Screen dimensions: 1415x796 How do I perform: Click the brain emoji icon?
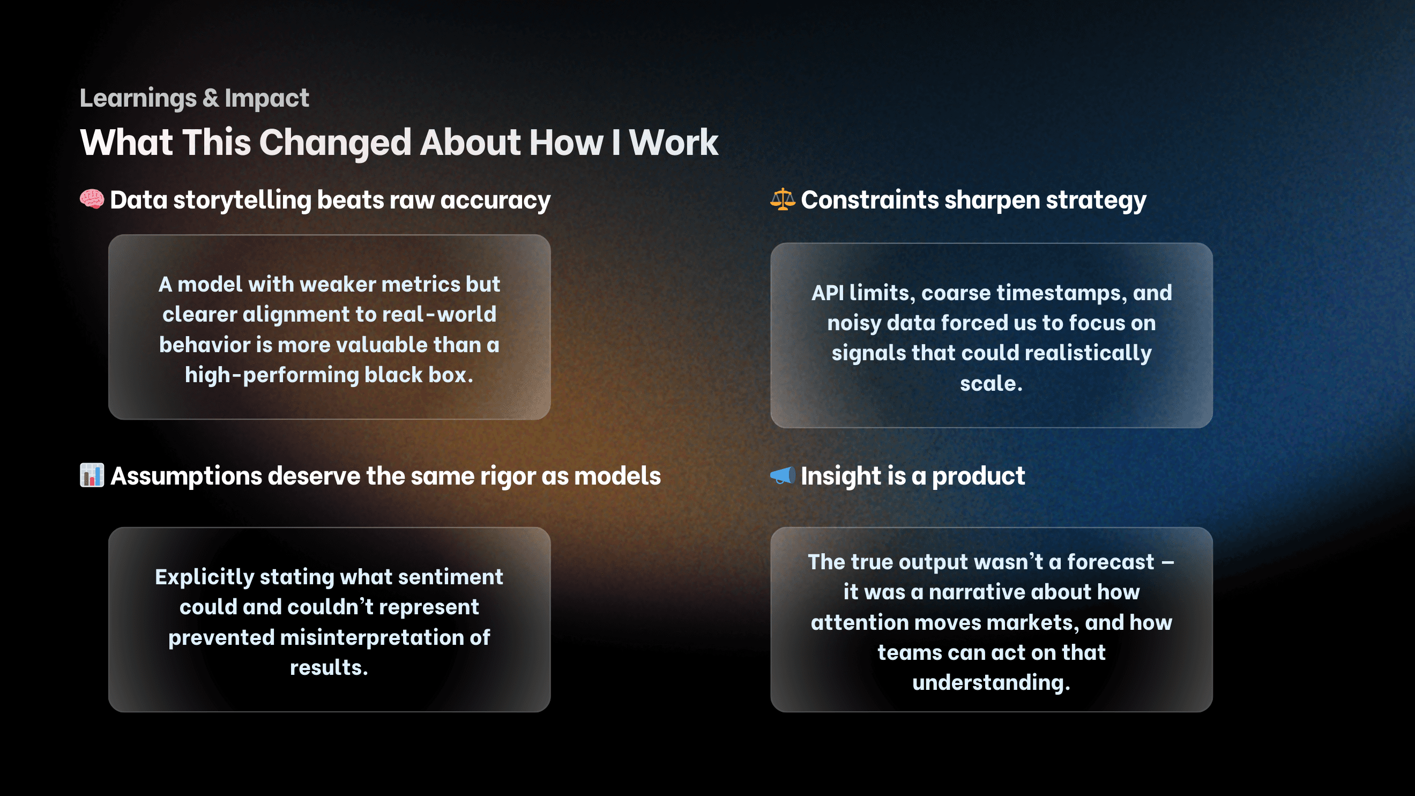click(91, 199)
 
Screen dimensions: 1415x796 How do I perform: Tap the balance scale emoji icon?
click(782, 199)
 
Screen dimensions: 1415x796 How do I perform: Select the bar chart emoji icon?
click(91, 474)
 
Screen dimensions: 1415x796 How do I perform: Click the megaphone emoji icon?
click(782, 474)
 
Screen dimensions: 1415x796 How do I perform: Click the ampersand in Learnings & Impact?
click(211, 98)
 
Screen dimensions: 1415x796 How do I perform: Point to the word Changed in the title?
click(334, 142)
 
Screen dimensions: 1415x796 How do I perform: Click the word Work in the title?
click(673, 142)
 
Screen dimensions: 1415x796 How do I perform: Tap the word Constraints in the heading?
click(869, 200)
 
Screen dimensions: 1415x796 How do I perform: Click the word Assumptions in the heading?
click(185, 476)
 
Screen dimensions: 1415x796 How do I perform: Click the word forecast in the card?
click(1110, 562)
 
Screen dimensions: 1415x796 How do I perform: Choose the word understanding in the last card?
click(991, 682)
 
